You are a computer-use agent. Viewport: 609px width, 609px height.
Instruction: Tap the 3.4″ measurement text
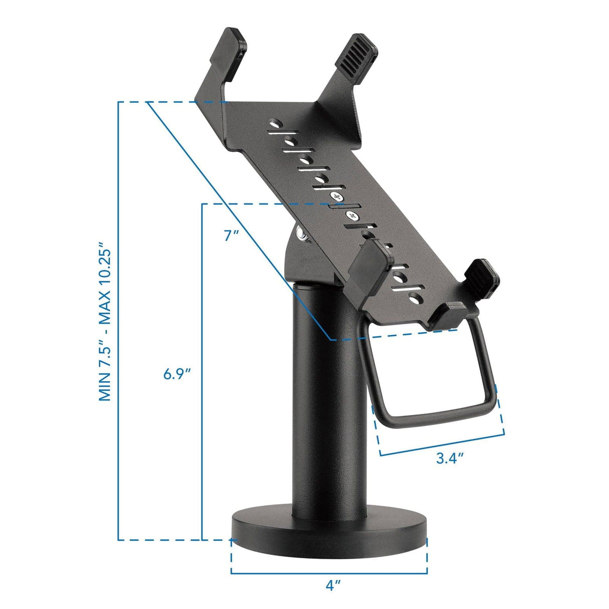click(449, 458)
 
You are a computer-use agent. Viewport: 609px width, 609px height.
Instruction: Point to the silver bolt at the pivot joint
click(302, 234)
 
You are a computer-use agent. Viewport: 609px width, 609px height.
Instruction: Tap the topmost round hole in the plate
click(274, 122)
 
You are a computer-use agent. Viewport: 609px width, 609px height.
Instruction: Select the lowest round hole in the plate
click(414, 300)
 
